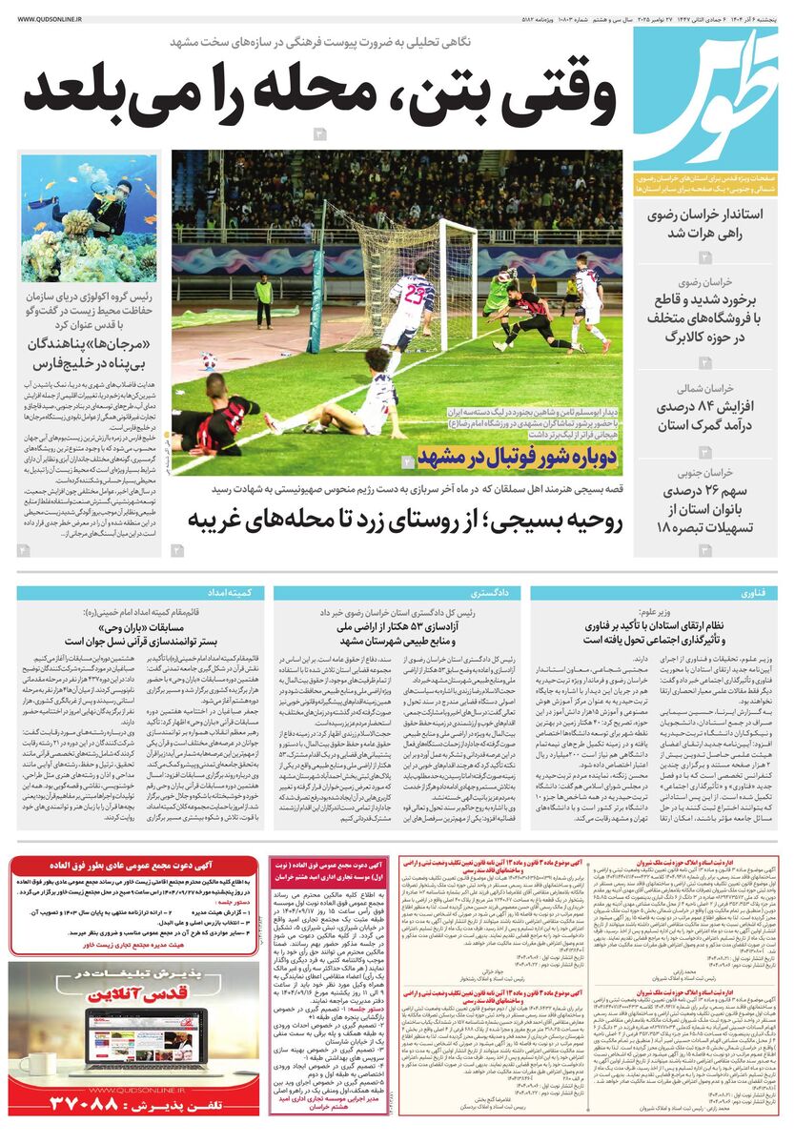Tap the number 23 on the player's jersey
[x=413, y=295]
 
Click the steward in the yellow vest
[x=264, y=289]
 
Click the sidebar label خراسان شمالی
[x=702, y=388]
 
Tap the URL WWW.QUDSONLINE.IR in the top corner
[x=49, y=16]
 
